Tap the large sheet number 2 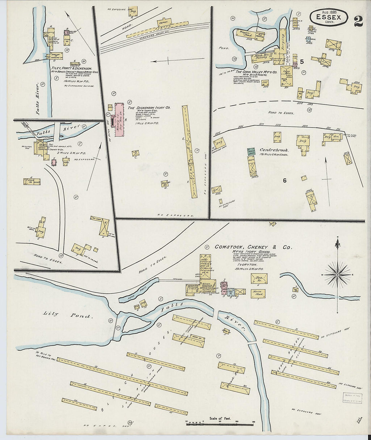click(358, 21)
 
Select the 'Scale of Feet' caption click(220, 418)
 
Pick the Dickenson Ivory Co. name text click(149, 108)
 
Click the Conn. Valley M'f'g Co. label click(256, 72)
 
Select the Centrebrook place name click(274, 150)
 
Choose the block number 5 click(302, 62)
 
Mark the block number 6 click(285, 181)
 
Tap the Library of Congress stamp click(352, 398)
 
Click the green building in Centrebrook click(251, 152)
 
